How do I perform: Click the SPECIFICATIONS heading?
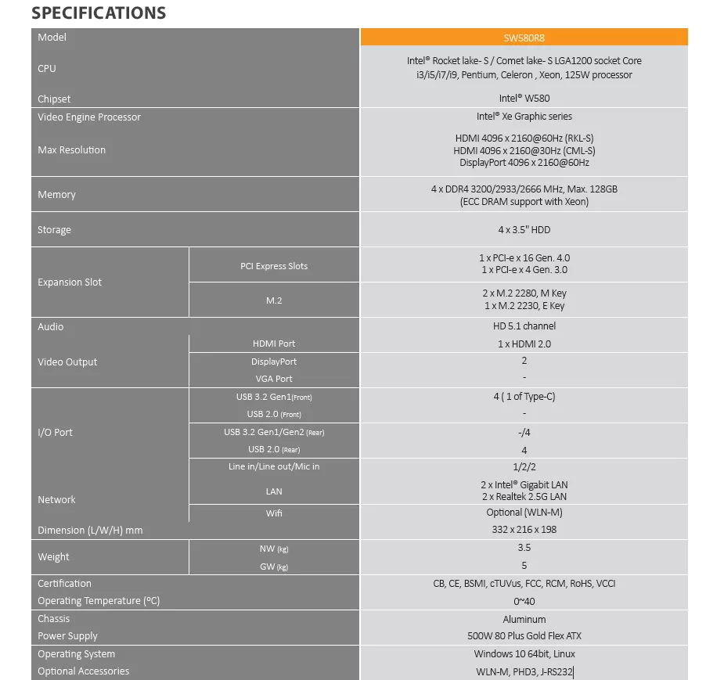[99, 13]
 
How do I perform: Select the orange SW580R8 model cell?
[524, 38]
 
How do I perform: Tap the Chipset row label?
[54, 99]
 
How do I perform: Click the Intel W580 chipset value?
[524, 99]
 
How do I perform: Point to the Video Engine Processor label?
[89, 117]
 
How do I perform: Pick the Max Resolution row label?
[71, 150]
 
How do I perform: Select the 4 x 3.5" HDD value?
[524, 230]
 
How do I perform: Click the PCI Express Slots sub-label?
[274, 266]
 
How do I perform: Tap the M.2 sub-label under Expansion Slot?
[274, 300]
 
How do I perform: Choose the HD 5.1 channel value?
[524, 326]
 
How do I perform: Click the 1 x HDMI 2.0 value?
[524, 344]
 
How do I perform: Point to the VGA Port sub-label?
[274, 379]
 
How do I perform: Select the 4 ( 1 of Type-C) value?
[524, 397]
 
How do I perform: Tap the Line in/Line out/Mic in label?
[274, 466]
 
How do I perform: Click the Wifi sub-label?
[274, 513]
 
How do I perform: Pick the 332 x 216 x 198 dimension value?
[524, 530]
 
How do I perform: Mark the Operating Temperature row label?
[99, 601]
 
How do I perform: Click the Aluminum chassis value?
[524, 619]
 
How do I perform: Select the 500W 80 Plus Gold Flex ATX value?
[524, 636]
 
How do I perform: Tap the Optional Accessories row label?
[84, 671]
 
